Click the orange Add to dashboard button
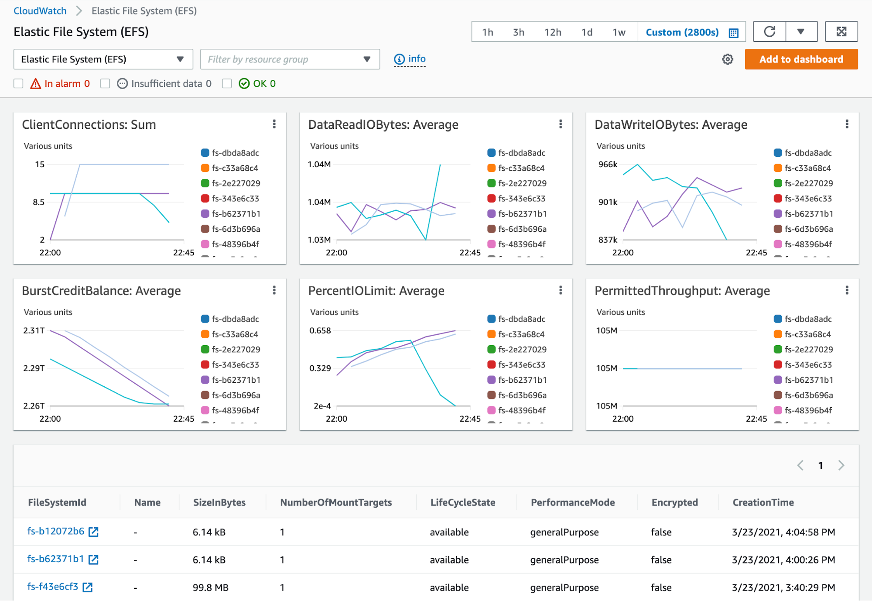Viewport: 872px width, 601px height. click(801, 59)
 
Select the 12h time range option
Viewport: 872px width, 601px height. click(552, 32)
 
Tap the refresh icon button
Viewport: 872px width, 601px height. click(769, 32)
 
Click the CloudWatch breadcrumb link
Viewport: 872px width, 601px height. click(40, 11)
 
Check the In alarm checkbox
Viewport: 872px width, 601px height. click(18, 83)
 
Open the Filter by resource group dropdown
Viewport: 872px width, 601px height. click(290, 59)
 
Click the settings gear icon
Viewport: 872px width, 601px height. click(727, 59)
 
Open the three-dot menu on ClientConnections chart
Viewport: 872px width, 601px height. click(274, 124)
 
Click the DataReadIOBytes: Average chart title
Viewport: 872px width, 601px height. click(383, 125)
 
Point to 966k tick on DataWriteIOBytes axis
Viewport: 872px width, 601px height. click(608, 165)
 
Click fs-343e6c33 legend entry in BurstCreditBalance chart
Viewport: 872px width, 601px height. click(235, 365)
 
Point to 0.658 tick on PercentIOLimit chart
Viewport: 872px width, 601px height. click(320, 331)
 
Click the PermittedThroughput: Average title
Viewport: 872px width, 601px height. click(682, 291)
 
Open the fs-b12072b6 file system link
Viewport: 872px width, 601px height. click(56, 531)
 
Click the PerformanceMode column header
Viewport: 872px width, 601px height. click(572, 502)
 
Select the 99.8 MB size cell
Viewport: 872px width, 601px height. click(211, 587)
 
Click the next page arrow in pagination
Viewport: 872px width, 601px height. click(841, 465)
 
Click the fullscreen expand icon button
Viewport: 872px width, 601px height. click(841, 32)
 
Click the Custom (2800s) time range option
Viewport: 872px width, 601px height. click(682, 32)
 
